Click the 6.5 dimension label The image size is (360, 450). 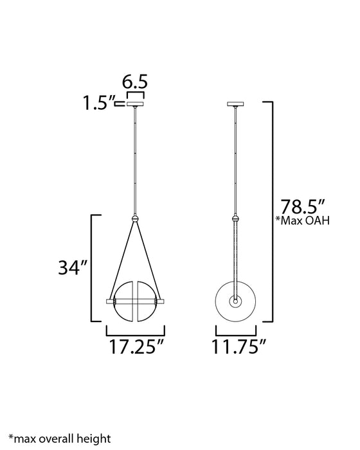tap(134, 82)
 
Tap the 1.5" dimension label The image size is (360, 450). tap(98, 103)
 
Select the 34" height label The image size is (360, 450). tap(72, 267)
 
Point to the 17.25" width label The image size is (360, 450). tap(136, 346)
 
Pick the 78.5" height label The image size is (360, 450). tap(302, 206)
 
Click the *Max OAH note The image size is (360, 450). tap(302, 221)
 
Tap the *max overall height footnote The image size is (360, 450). tap(59, 438)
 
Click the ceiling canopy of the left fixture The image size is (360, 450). tap(135, 104)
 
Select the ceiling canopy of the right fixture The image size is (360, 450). tap(235, 104)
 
